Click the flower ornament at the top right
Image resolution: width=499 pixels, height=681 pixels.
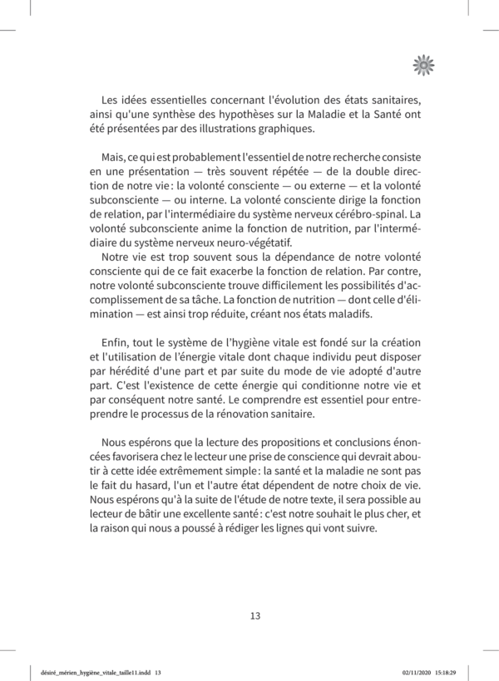(424, 65)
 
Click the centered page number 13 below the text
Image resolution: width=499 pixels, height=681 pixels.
(255, 615)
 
